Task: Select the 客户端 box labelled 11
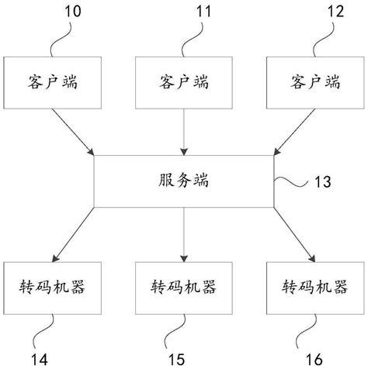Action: [x=184, y=81]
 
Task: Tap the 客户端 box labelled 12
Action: [x=315, y=81]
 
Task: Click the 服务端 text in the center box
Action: [x=184, y=181]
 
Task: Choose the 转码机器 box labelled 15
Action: [x=183, y=286]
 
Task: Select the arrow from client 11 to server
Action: [x=184, y=131]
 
